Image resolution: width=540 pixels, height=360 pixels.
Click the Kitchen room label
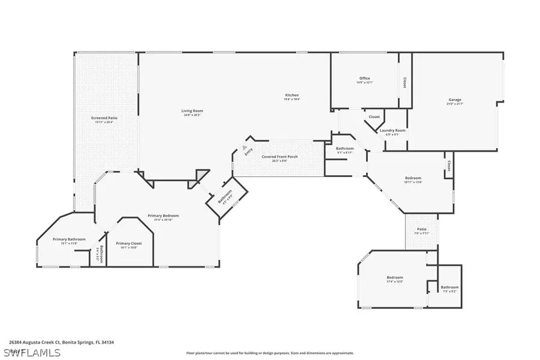coord(292,95)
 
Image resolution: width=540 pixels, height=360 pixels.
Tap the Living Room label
coord(193,110)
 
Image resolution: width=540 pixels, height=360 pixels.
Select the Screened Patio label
coord(104,118)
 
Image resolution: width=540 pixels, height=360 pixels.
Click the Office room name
coord(365,79)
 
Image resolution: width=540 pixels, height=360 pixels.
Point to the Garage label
coord(455,100)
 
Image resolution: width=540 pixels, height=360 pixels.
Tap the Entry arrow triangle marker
coord(244,146)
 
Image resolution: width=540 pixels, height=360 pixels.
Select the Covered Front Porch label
coord(280,157)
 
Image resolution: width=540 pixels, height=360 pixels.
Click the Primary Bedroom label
coord(163,215)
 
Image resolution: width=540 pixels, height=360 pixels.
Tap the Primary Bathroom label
coord(69,239)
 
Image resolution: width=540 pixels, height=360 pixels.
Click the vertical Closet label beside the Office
coord(404,82)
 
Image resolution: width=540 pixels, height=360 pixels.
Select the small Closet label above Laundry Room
coord(374,116)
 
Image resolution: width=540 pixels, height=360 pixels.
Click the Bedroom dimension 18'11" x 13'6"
coord(413,182)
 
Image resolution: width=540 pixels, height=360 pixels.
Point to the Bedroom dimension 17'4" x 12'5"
coord(394,281)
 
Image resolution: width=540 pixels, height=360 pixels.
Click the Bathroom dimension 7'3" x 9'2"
coord(450,291)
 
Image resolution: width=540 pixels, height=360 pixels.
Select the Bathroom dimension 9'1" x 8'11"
coord(345,152)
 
